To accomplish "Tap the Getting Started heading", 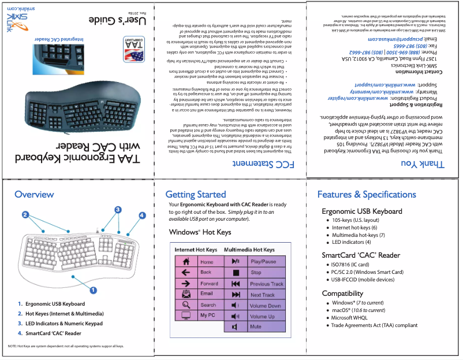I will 195,194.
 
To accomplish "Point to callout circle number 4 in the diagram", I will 142,216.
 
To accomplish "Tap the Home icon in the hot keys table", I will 186,262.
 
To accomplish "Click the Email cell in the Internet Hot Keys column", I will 207,294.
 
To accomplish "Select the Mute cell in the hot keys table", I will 256,326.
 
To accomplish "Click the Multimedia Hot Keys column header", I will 249,250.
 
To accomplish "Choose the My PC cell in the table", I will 207,316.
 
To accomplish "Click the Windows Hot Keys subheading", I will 200,232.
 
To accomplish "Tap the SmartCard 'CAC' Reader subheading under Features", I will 360,255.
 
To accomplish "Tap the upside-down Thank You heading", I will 425,165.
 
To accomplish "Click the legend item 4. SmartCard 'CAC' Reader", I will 49,333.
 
